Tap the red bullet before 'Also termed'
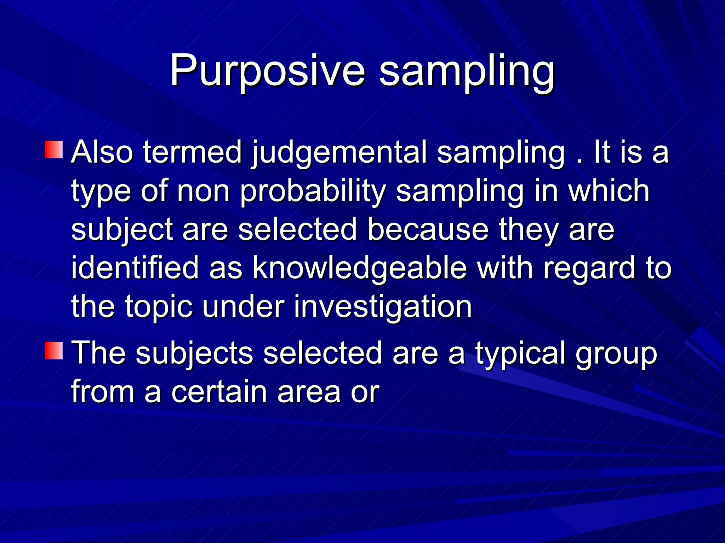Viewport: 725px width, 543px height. [54, 150]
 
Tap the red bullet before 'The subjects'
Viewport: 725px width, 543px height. [54, 351]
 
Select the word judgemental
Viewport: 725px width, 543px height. [339, 153]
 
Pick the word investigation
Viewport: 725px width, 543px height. [383, 307]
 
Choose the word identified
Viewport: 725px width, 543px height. [135, 268]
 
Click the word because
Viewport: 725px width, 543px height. [428, 229]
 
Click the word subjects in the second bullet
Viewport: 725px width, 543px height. [194, 354]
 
